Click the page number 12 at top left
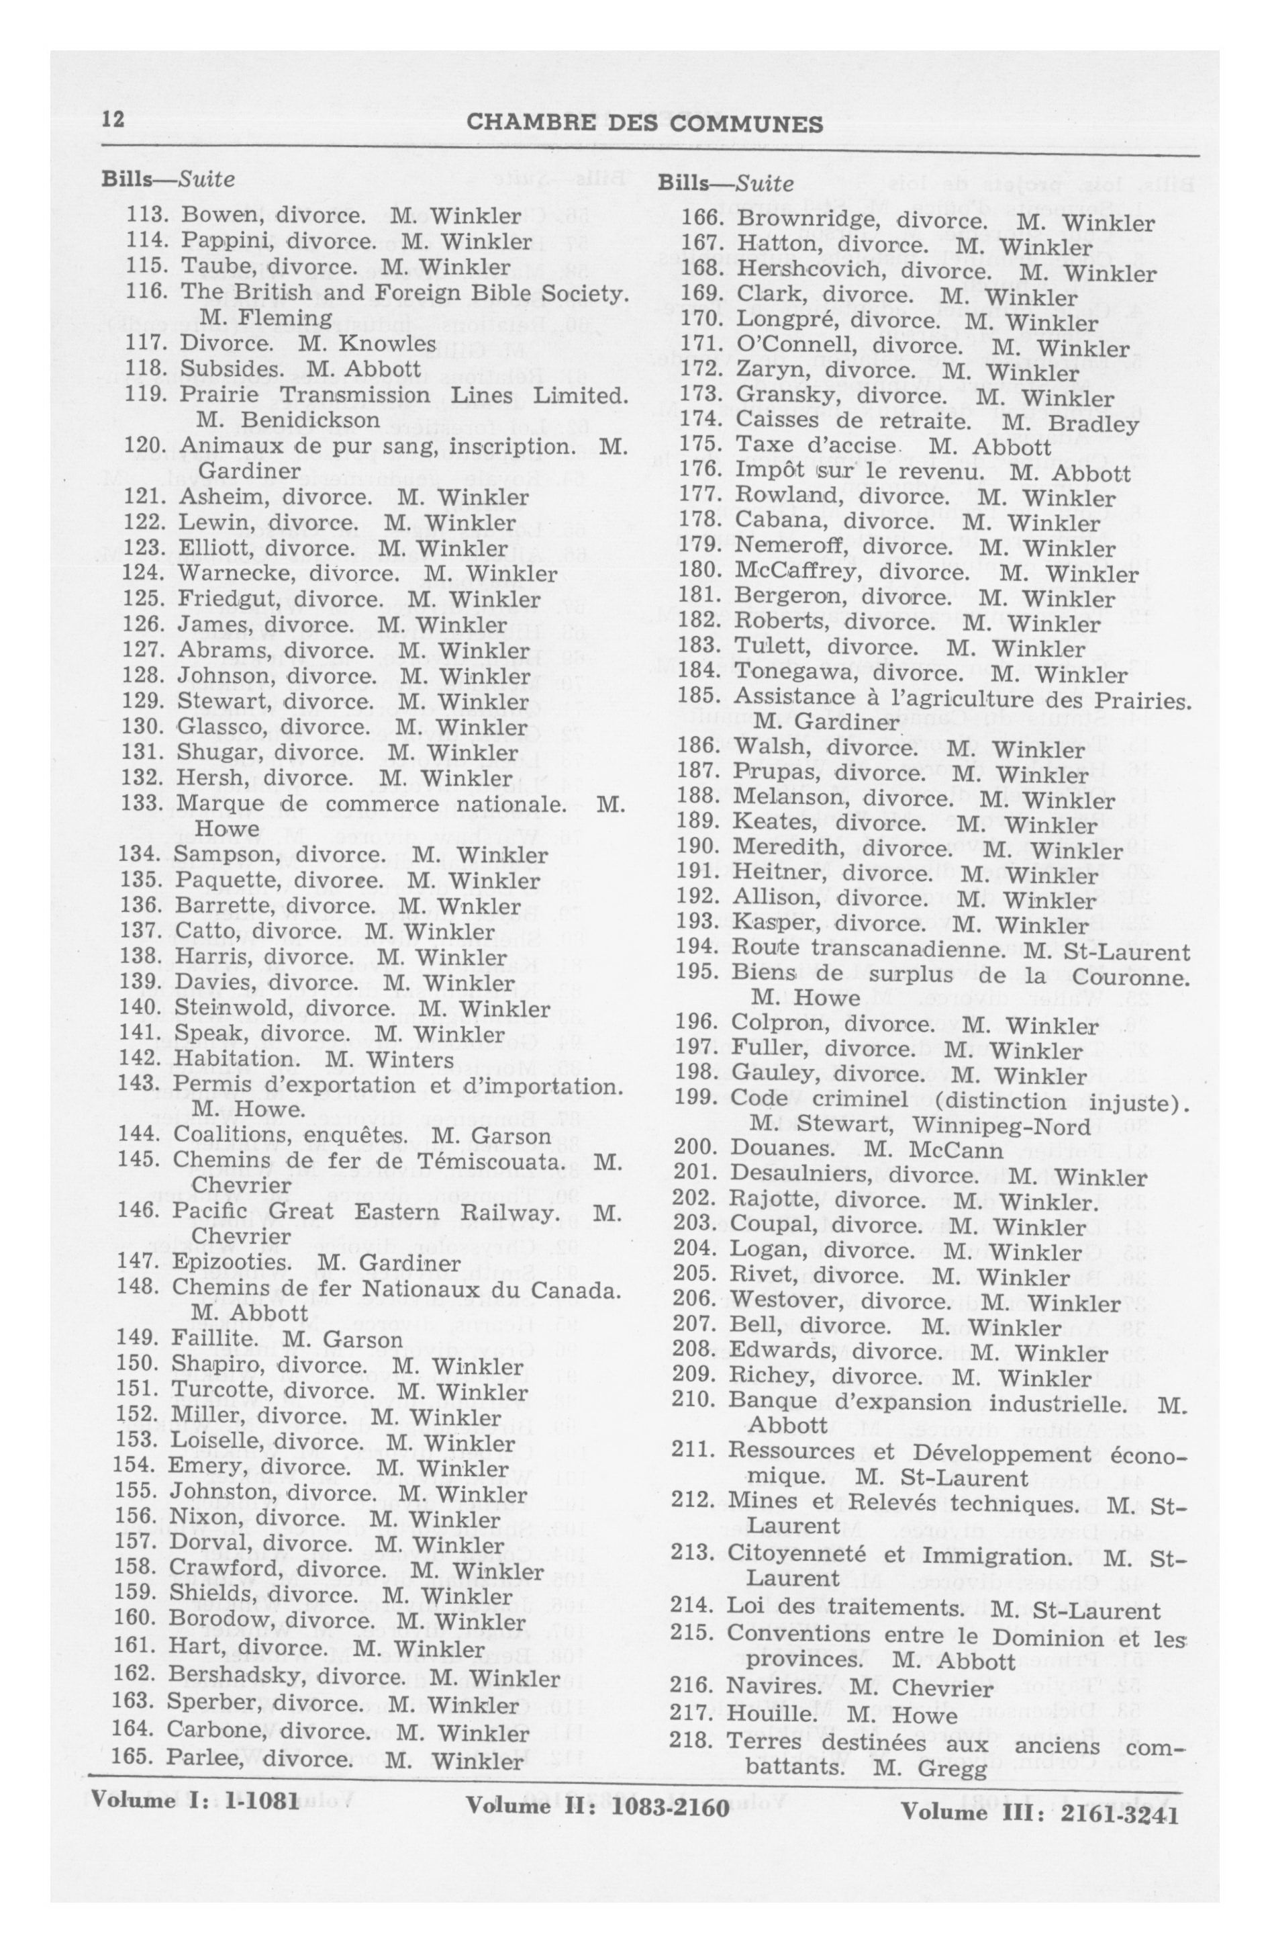point(112,121)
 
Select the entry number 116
point(144,292)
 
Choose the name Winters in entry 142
point(413,1060)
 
